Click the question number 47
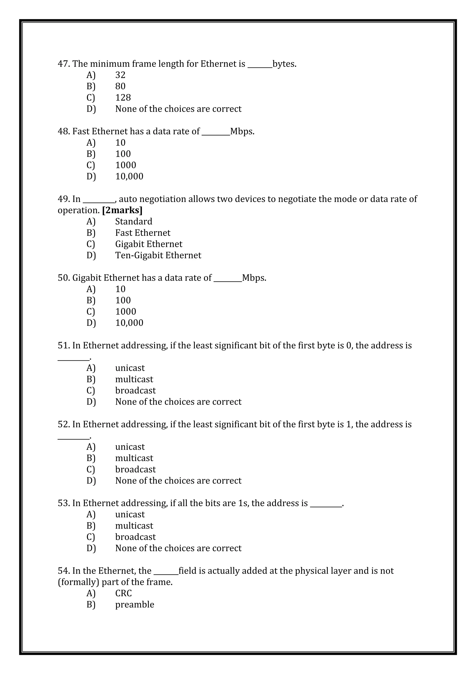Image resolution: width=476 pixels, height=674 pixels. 63,64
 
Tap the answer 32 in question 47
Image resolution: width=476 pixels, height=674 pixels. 120,75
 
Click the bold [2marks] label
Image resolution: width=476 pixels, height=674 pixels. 122,210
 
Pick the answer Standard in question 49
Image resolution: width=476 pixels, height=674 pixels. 134,221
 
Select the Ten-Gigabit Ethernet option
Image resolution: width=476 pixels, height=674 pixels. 158,255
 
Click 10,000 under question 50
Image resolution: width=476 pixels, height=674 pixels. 129,323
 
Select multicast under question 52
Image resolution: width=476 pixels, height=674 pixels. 134,458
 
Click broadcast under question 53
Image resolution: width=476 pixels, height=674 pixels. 136,537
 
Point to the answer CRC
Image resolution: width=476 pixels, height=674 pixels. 123,593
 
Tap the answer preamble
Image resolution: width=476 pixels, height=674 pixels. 135,605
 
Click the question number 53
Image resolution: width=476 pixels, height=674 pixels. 63,503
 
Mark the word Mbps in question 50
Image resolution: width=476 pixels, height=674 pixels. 254,278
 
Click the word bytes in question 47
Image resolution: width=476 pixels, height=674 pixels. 284,64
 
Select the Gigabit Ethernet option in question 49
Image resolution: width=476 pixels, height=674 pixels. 149,244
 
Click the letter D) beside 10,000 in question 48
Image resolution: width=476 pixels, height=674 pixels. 91,176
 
